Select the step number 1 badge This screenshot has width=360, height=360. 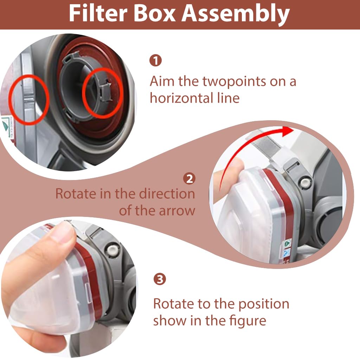click(155, 60)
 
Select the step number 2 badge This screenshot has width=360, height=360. click(189, 179)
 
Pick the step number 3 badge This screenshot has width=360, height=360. click(160, 279)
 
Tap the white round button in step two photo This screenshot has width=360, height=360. click(305, 182)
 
